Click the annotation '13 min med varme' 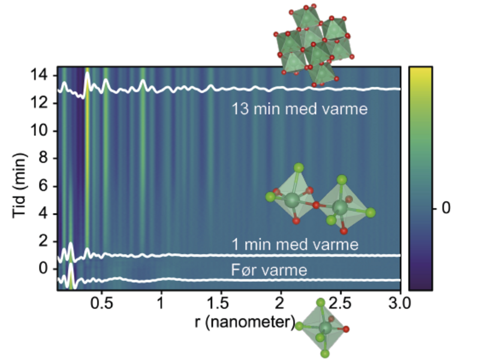[x=300, y=110]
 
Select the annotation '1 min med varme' [x=296, y=244]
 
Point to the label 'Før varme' [x=269, y=271]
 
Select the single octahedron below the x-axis [x=326, y=328]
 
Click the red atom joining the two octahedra [x=316, y=205]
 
